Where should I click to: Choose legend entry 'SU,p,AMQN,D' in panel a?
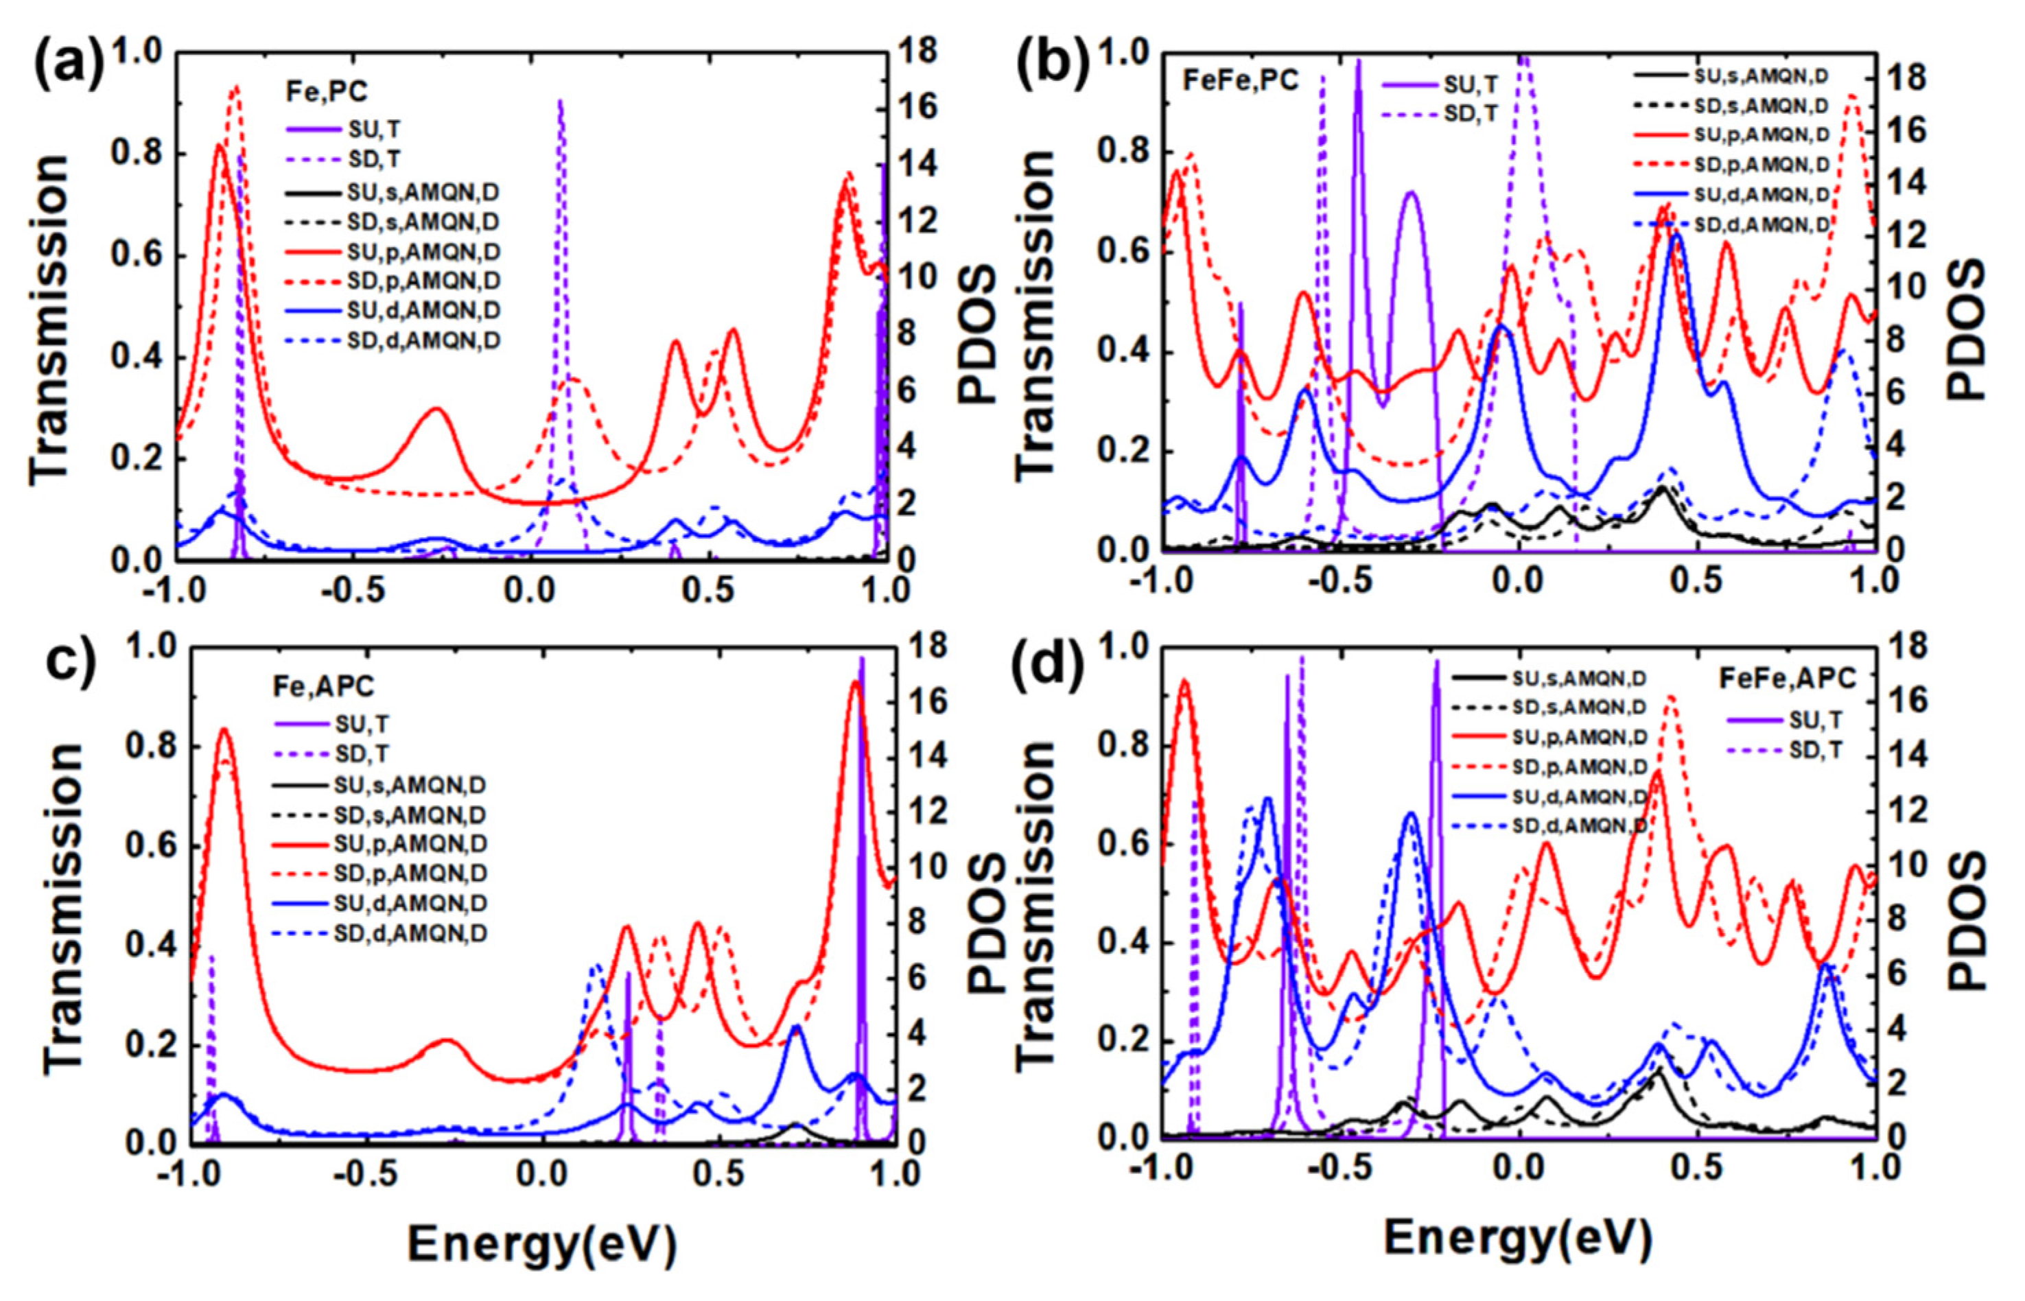point(423,252)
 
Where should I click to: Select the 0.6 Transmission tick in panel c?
point(150,847)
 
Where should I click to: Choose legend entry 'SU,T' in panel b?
point(1471,84)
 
